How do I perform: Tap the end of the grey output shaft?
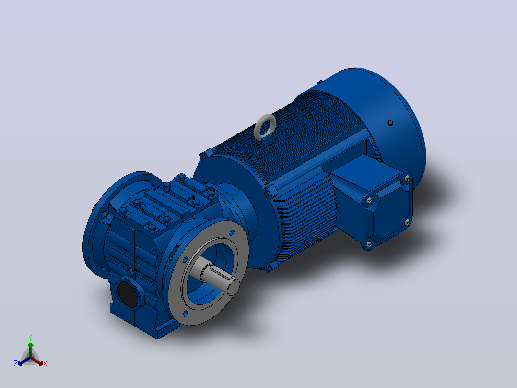coord(233,287)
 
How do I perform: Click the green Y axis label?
coord(30,338)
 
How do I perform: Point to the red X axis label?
coord(45,364)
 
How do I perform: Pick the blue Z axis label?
coord(15,363)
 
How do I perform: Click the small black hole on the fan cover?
coord(390,123)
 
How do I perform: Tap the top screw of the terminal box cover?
coord(407,178)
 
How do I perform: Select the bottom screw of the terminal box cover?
coord(369,244)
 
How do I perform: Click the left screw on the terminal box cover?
coord(369,200)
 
